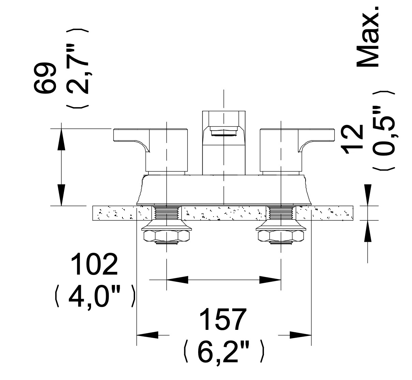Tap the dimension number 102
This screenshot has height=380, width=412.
pos(94,264)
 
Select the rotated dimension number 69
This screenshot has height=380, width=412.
pos(45,78)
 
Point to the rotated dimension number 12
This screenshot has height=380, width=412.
pos(352,140)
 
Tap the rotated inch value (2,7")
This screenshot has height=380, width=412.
pos(77,69)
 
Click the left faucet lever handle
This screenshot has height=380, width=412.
pos(150,150)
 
